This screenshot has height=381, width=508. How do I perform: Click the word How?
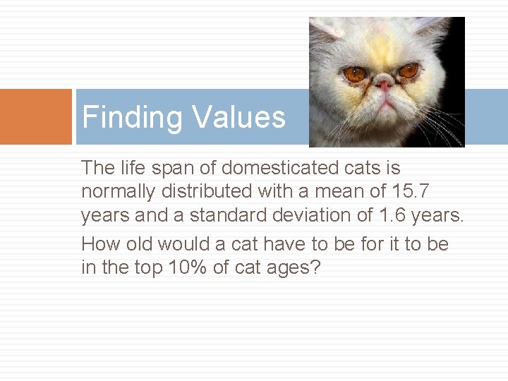pos(99,244)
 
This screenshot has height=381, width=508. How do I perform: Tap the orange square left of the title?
pos(36,116)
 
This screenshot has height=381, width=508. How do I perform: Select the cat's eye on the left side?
pos(355,73)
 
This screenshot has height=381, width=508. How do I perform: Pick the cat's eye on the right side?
pos(409,71)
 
